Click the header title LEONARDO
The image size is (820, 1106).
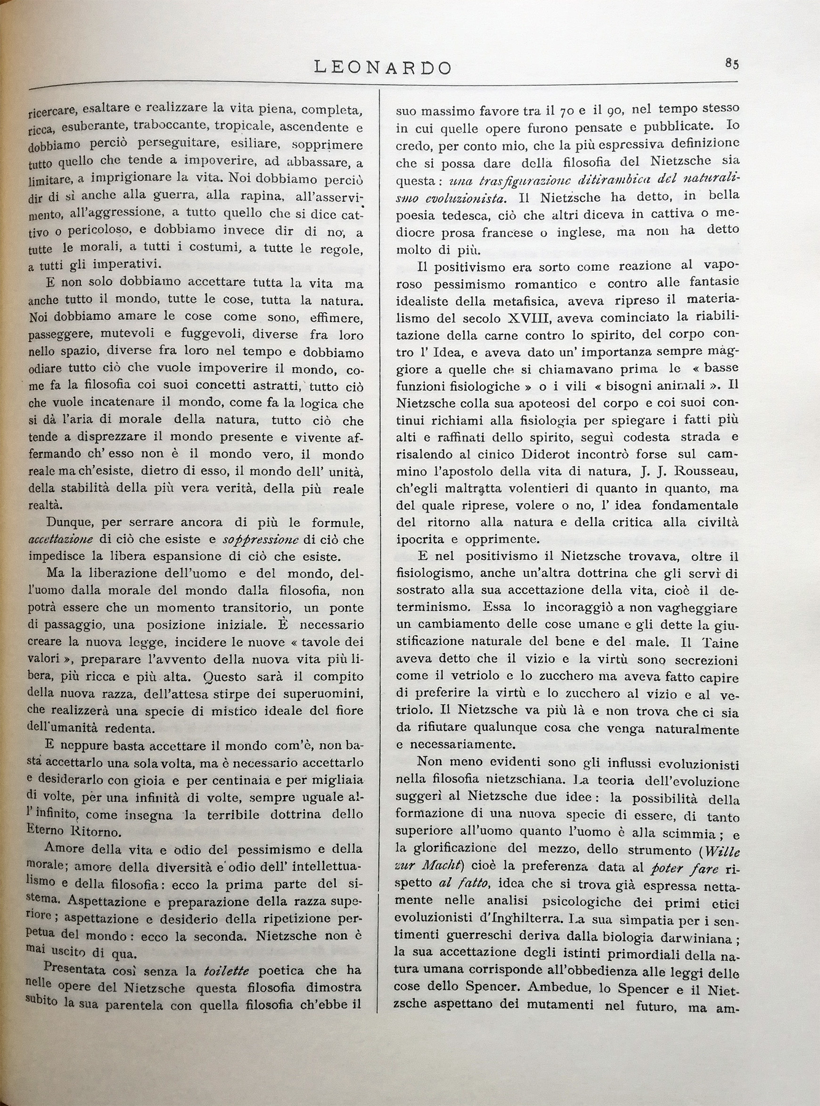tap(383, 67)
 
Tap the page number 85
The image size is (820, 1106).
tap(732, 64)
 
